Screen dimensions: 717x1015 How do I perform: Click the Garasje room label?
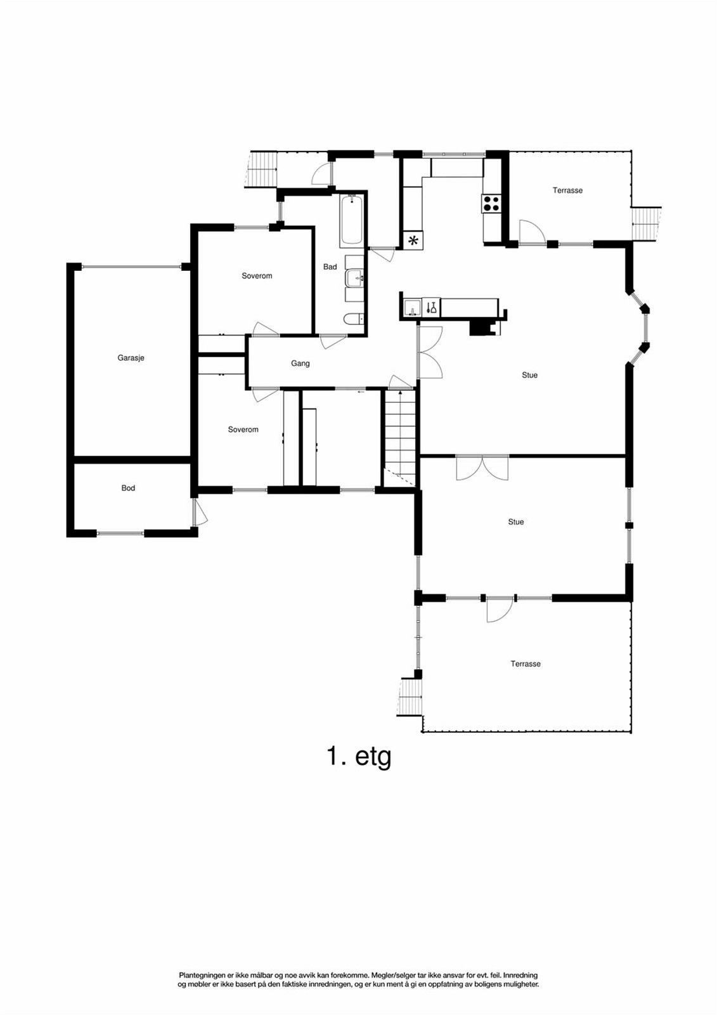[131, 358]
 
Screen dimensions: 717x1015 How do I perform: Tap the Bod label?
[128, 488]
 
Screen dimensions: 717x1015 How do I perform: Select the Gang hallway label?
[300, 363]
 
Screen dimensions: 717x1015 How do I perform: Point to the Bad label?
[330, 267]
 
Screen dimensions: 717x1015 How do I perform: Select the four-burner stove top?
[491, 203]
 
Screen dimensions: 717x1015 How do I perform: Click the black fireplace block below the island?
[480, 327]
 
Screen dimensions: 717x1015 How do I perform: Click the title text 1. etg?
[359, 756]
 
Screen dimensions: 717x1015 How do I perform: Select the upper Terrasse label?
[567, 190]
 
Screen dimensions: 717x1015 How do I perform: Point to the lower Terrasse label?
[526, 664]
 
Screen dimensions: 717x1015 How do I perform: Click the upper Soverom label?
[257, 276]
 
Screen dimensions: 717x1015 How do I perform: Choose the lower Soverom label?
[243, 429]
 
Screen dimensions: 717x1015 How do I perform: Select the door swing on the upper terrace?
[531, 232]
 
